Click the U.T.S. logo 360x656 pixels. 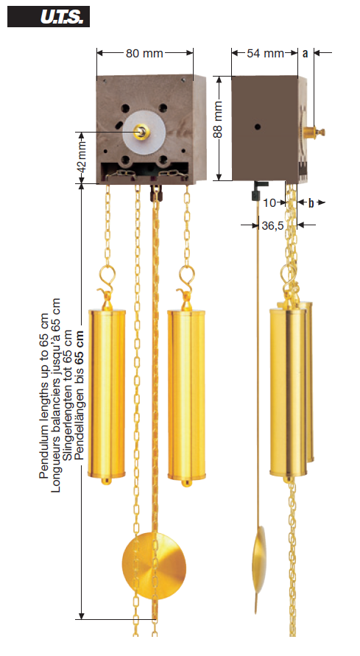pos(49,17)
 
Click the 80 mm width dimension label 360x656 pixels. pos(144,53)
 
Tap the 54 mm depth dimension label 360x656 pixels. pos(265,53)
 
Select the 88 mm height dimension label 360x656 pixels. pos(217,120)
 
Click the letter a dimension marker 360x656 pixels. pos(306,53)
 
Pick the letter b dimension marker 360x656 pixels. pos(311,203)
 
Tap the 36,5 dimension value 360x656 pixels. pos(272,225)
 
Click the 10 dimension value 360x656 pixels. pos(270,203)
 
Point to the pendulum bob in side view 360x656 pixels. pos(259,560)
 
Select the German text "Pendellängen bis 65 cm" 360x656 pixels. pos(79,395)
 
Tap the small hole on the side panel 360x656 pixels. pos(258,127)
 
